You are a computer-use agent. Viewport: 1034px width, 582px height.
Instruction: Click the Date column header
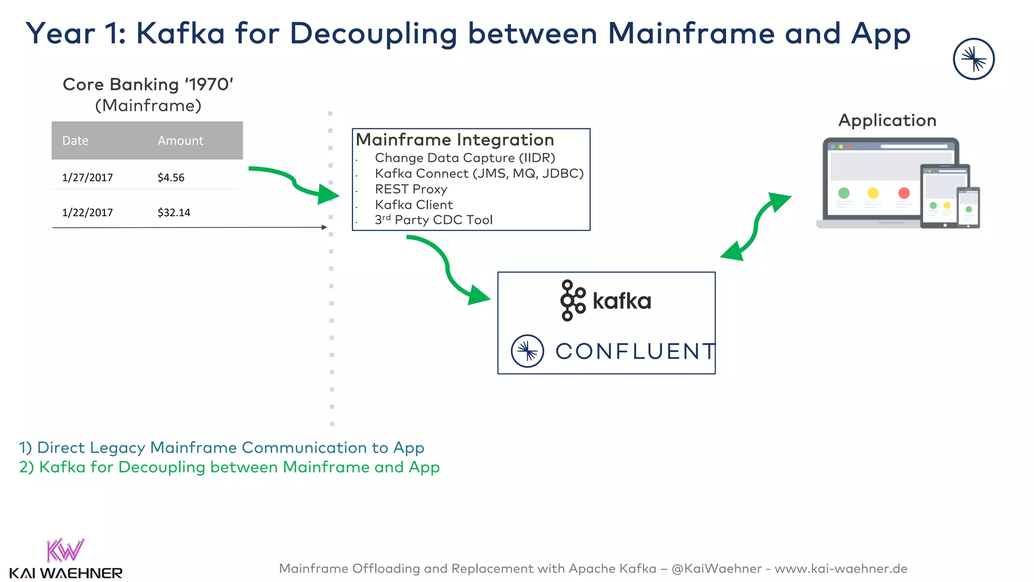[75, 140]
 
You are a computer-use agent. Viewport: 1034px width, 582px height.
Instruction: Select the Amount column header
[180, 140]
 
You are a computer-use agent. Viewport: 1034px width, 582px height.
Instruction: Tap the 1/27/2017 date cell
[87, 177]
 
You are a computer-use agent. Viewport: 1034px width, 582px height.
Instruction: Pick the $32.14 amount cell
[174, 212]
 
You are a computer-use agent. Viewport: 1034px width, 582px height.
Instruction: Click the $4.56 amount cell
[171, 177]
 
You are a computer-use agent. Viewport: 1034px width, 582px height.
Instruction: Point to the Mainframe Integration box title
[455, 139]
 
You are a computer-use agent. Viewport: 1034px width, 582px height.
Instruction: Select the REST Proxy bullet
[411, 189]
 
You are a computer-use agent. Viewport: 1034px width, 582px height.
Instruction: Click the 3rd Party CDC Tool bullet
[433, 220]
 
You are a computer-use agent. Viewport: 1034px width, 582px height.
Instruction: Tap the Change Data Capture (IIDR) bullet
[464, 158]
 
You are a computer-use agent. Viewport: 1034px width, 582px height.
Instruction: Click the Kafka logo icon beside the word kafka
[572, 301]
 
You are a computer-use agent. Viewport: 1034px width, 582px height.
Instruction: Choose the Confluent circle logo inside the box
[527, 351]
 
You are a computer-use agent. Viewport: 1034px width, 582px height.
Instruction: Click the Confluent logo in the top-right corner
[973, 59]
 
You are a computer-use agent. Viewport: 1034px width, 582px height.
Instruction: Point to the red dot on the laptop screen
[904, 193]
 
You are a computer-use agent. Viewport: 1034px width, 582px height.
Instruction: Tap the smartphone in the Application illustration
[968, 207]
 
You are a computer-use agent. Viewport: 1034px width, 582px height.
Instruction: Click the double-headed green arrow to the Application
[755, 226]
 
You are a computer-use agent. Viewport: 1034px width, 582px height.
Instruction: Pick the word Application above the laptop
[887, 120]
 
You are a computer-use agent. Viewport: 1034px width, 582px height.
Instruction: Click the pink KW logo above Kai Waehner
[65, 550]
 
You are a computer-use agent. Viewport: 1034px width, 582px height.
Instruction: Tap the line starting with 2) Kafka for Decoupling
[229, 467]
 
